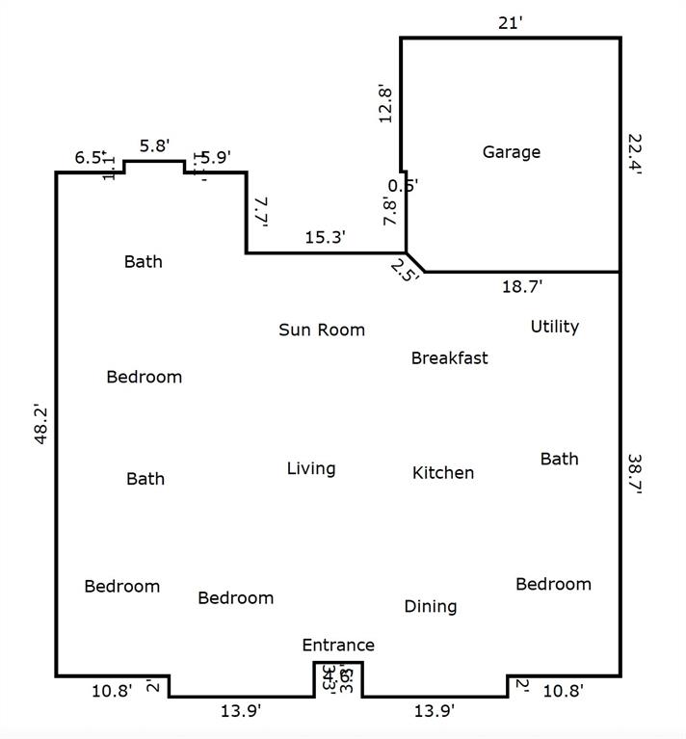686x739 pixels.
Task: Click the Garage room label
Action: [511, 152]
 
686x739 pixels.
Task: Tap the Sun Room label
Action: [322, 330]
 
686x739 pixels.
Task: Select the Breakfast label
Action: [449, 358]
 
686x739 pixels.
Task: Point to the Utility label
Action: [554, 327]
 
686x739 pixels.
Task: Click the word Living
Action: [311, 469]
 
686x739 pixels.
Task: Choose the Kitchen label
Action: [443, 473]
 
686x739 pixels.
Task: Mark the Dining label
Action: [430, 606]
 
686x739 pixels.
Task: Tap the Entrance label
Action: [338, 646]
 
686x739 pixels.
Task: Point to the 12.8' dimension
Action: [385, 104]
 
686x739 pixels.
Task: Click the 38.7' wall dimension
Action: [634, 473]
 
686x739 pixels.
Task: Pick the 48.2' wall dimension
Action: [41, 424]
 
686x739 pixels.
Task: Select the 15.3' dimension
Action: [325, 237]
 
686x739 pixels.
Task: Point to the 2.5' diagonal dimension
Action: [405, 270]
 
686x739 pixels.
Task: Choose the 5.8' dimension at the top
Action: [154, 146]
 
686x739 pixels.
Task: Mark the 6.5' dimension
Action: [90, 158]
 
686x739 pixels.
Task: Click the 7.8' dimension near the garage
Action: [389, 210]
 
